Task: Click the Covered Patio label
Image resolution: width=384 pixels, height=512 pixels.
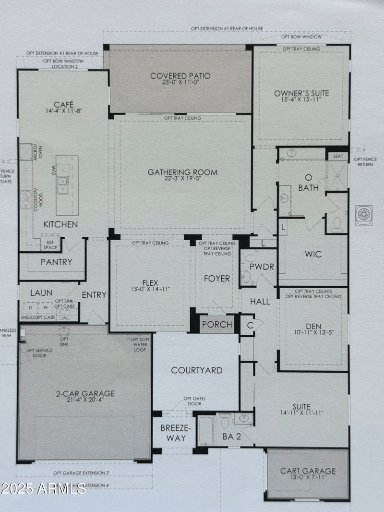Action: (180, 76)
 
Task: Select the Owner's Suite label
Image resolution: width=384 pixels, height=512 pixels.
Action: (301, 93)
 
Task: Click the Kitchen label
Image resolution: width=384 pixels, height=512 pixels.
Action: (60, 224)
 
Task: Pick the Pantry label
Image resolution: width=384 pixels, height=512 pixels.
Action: (56, 262)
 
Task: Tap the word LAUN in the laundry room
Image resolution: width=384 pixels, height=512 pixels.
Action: (41, 293)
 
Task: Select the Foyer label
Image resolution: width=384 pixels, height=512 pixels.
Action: (217, 279)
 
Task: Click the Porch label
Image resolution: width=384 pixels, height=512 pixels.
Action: (217, 325)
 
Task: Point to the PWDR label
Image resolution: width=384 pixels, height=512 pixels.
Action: (262, 267)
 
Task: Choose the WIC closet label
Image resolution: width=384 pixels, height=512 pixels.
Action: (312, 254)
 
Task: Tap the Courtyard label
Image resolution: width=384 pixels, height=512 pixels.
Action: (197, 370)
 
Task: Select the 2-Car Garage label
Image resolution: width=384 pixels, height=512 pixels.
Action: (84, 393)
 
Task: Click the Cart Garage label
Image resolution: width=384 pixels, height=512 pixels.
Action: (308, 471)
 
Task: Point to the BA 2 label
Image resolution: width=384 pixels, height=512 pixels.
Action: (231, 437)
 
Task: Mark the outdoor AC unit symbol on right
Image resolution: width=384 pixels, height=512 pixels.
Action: (363, 215)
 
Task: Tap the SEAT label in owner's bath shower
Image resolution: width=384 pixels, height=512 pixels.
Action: (338, 156)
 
